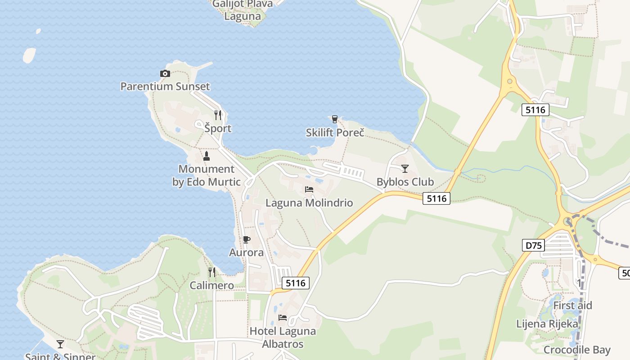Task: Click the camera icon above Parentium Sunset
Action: point(165,73)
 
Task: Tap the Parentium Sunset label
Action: point(165,86)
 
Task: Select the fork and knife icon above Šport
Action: point(218,115)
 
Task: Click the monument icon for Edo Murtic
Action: point(207,156)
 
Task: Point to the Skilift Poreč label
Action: point(335,133)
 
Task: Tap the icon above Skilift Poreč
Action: point(334,119)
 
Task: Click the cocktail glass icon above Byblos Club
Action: point(405,168)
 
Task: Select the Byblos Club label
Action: point(405,182)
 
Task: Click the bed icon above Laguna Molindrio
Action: point(309,189)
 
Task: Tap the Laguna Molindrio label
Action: point(309,203)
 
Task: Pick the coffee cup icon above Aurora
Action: point(246,239)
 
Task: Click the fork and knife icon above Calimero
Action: point(212,272)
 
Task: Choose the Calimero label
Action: point(212,286)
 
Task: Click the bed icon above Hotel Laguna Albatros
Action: point(283,318)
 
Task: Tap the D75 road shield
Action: point(533,245)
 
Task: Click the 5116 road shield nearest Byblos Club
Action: point(436,198)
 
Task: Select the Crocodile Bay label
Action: point(577,350)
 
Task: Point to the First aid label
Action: point(573,306)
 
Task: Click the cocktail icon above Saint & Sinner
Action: point(60,344)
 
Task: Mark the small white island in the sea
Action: point(29,55)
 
